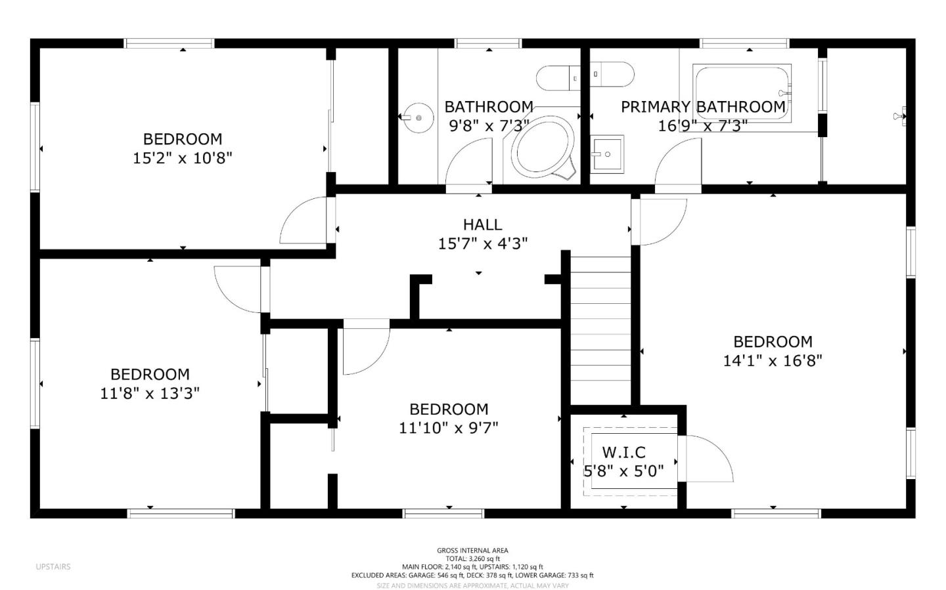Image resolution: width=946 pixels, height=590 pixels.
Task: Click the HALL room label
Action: pyautogui.click(x=482, y=225)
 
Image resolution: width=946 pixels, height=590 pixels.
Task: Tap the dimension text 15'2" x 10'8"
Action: pyautogui.click(x=183, y=158)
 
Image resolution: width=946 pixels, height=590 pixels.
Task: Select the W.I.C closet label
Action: pyautogui.click(x=623, y=452)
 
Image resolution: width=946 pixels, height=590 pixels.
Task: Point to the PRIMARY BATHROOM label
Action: pyautogui.click(x=703, y=106)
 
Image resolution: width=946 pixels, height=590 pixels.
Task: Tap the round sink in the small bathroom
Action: pyautogui.click(x=418, y=118)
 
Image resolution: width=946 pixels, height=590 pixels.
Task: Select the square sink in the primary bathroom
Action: pyautogui.click(x=606, y=154)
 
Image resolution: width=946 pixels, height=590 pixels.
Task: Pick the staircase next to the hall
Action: pyautogui.click(x=600, y=328)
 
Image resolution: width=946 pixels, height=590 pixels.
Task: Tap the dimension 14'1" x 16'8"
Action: pyautogui.click(x=773, y=360)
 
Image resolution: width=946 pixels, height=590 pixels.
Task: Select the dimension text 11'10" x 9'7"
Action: pyautogui.click(x=449, y=428)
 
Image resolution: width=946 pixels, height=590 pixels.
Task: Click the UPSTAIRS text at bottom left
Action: pyautogui.click(x=53, y=566)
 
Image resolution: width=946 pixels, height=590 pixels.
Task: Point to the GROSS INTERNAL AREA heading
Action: pyautogui.click(x=472, y=551)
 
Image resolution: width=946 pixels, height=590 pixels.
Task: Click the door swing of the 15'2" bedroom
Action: pyautogui.click(x=304, y=222)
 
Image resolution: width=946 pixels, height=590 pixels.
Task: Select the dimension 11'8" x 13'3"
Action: pyautogui.click(x=150, y=393)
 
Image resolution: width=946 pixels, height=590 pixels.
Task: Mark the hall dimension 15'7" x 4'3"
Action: pyautogui.click(x=483, y=243)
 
